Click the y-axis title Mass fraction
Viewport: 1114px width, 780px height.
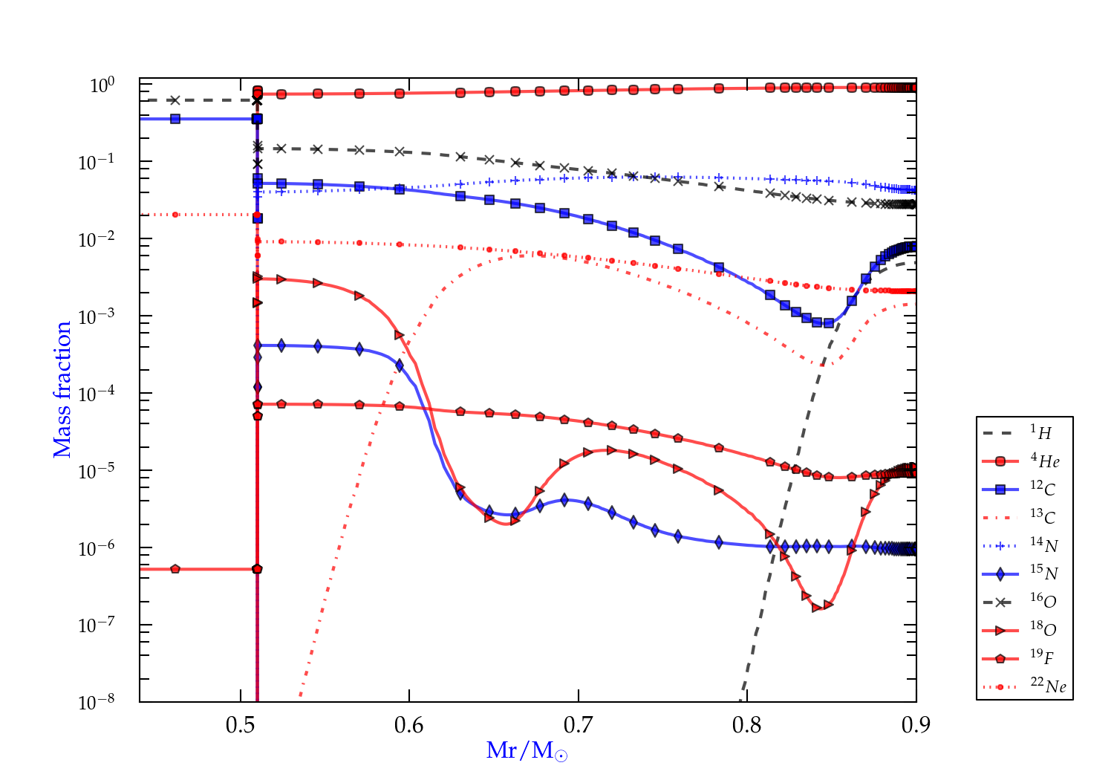(x=62, y=389)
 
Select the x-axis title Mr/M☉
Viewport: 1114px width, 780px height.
(x=527, y=751)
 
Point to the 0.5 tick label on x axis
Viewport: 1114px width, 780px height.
(x=240, y=725)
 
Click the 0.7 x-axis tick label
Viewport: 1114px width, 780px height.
(x=578, y=725)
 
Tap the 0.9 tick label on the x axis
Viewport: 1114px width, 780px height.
(x=916, y=725)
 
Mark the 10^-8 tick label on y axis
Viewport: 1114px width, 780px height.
(x=97, y=701)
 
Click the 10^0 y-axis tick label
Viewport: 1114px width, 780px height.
(x=102, y=85)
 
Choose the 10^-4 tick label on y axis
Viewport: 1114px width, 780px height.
(x=97, y=393)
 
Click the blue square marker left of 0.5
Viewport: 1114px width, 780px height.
(x=175, y=119)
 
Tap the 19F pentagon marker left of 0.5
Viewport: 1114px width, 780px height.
(x=175, y=569)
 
